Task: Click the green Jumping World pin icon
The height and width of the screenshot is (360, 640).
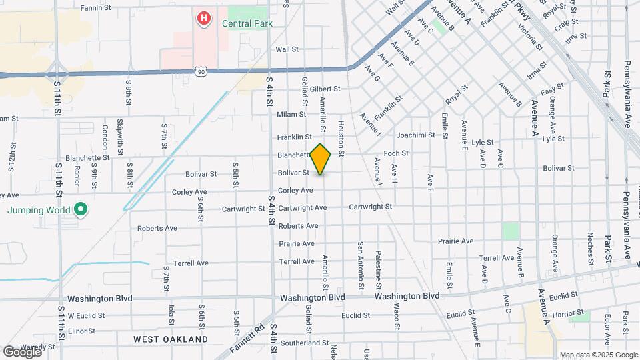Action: tap(81, 210)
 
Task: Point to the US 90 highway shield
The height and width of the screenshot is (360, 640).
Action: tap(201, 70)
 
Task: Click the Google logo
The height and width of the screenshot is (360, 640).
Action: tap(21, 351)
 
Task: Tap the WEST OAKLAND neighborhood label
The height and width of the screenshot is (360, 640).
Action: tap(171, 339)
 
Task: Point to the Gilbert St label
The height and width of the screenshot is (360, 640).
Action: tap(325, 89)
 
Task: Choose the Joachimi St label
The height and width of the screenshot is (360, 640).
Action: tap(419, 135)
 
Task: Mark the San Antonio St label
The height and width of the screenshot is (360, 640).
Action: tap(361, 265)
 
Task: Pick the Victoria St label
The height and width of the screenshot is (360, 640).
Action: tap(535, 36)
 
